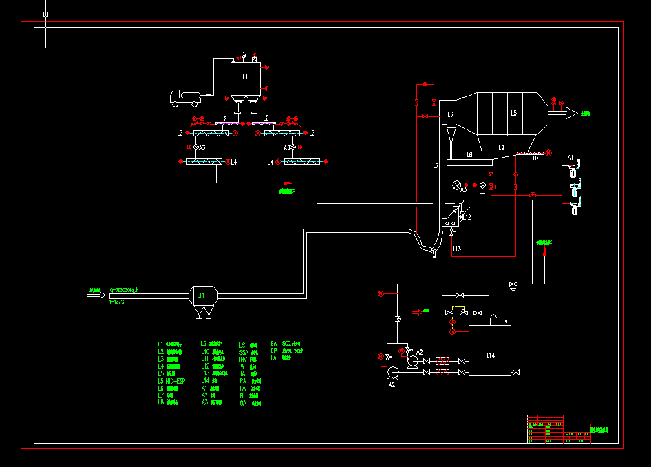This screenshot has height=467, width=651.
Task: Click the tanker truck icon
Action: pos(185,98)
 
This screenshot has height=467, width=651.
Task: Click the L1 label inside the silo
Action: pos(245,76)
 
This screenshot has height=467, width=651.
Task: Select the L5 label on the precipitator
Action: pos(513,112)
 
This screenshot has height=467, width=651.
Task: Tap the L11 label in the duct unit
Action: pos(200,295)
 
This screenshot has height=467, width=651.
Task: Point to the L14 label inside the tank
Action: pos(490,355)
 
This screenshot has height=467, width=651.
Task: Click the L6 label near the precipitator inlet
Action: pos(450,114)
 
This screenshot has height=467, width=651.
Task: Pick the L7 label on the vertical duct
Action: pos(436,166)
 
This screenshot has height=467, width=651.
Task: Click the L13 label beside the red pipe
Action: pos(457,248)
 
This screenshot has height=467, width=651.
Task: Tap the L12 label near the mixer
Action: pos(467,218)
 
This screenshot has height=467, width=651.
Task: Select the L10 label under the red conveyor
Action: pos(533,158)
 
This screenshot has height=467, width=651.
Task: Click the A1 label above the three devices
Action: pos(570,158)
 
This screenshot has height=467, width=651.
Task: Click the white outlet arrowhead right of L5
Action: pos(571,113)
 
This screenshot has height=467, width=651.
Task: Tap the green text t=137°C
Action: pos(117,302)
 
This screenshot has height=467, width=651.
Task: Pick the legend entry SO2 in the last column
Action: pos(291,343)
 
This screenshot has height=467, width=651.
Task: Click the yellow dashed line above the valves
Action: pos(458,307)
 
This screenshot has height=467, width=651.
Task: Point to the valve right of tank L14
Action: pos(515,373)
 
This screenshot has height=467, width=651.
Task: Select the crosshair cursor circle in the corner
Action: pos(45,14)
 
